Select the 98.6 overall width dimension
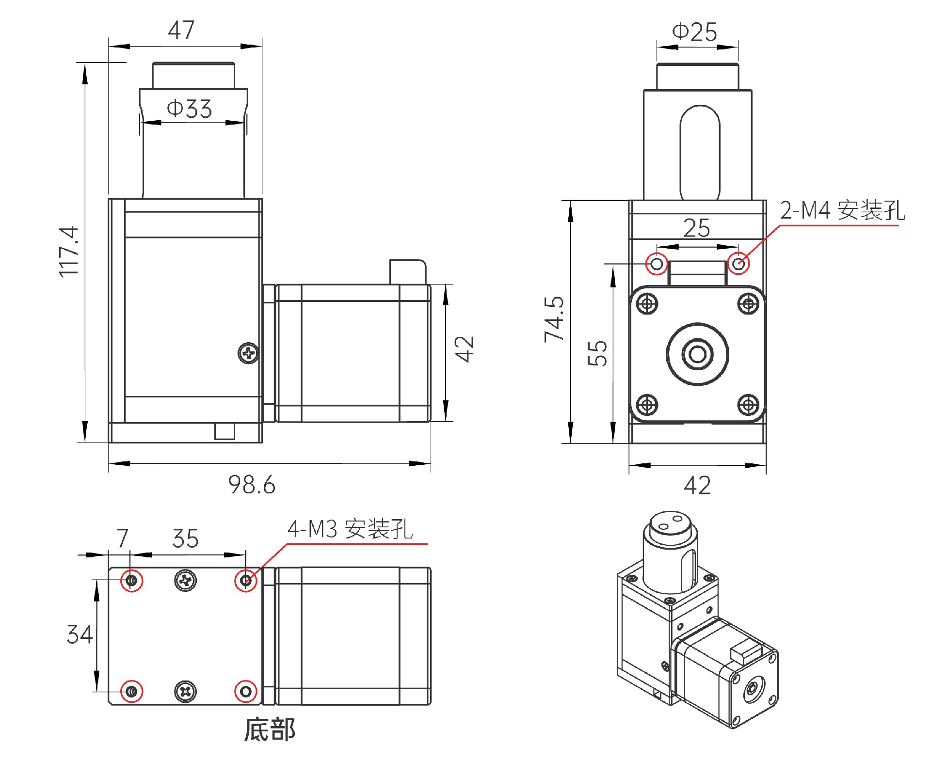[x=252, y=485]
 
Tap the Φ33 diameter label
[x=190, y=109]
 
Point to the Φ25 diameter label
[x=694, y=32]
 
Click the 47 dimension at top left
[x=181, y=30]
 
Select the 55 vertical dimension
[x=597, y=353]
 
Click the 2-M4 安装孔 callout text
[x=842, y=210]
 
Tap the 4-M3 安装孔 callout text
[x=350, y=529]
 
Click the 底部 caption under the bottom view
[x=270, y=730]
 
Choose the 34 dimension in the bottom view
[x=79, y=634]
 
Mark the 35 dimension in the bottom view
[x=185, y=538]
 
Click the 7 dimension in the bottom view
[x=122, y=538]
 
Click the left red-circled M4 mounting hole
[x=657, y=264]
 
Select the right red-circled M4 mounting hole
[x=738, y=264]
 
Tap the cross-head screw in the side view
[x=249, y=353]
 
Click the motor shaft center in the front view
[x=697, y=354]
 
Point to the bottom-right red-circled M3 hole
[x=246, y=691]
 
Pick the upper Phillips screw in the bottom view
[x=185, y=580]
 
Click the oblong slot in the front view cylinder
[x=700, y=153]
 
